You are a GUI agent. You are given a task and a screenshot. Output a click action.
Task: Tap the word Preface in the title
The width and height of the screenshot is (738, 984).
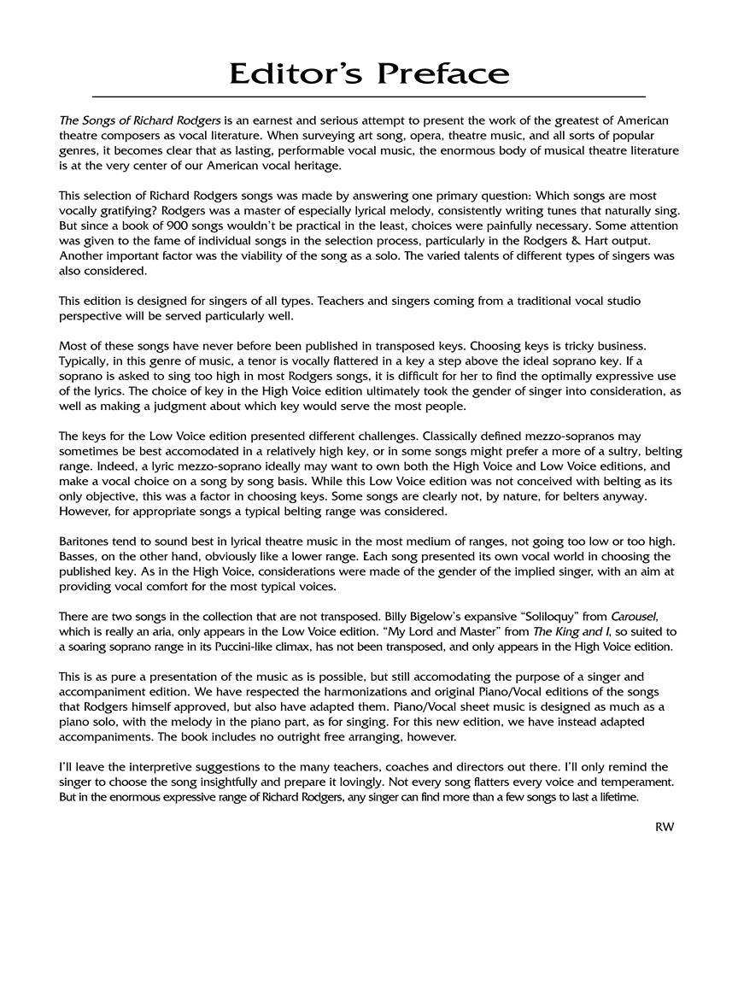[x=445, y=74]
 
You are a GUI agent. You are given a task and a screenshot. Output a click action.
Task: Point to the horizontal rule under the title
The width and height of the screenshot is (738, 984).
[x=368, y=97]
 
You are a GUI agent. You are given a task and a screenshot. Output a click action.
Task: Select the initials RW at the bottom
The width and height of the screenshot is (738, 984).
[x=665, y=826]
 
